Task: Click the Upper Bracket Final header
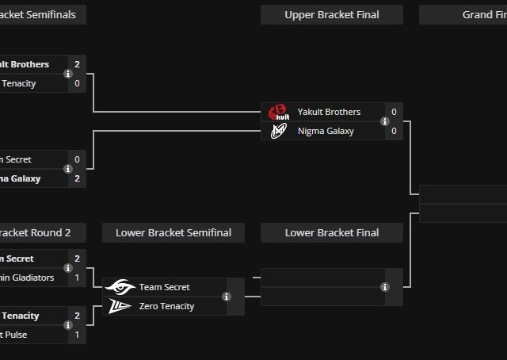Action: coord(331,14)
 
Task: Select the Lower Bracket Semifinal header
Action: coord(173,232)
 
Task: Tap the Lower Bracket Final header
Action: coord(331,232)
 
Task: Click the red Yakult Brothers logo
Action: coord(277,112)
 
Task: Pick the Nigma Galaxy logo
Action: coord(277,131)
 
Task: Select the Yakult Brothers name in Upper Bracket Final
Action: coord(329,112)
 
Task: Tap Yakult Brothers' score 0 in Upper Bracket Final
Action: coord(394,112)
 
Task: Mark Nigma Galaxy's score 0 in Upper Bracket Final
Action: coord(394,131)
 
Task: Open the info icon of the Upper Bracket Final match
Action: coord(385,121)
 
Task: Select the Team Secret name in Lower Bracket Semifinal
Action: coord(164,287)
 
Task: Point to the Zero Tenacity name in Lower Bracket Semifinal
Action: coord(166,306)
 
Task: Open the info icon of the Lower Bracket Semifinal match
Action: coord(227,297)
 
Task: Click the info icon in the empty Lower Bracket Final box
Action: coord(385,287)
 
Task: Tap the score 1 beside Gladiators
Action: coord(77,278)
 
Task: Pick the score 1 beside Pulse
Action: coord(77,335)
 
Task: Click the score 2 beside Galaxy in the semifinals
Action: coord(77,178)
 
